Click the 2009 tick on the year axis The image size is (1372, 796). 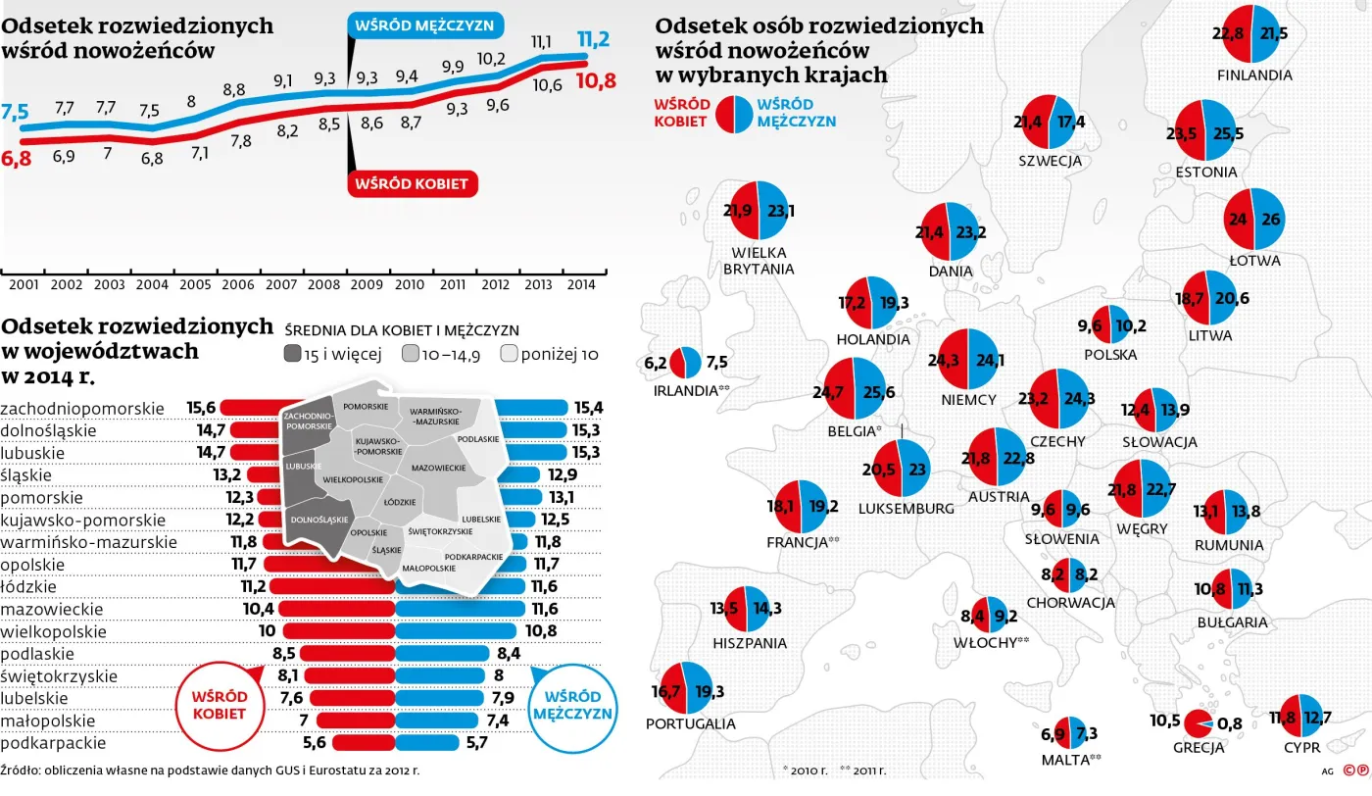[x=367, y=284]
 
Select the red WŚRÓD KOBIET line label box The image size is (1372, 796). [x=412, y=182]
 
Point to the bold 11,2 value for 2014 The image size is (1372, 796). [x=593, y=39]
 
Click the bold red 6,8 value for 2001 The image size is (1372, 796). [x=17, y=157]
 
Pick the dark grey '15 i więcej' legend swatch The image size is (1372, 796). [x=294, y=354]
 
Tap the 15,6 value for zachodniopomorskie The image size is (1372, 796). [x=201, y=407]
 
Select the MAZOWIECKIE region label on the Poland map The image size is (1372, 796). [x=438, y=469]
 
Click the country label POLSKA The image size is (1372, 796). [x=1110, y=355]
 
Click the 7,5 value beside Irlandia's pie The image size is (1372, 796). [x=716, y=362]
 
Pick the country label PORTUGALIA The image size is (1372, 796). [x=690, y=723]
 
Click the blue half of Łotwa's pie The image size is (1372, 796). [x=1270, y=219]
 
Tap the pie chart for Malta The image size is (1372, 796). [x=1067, y=733]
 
